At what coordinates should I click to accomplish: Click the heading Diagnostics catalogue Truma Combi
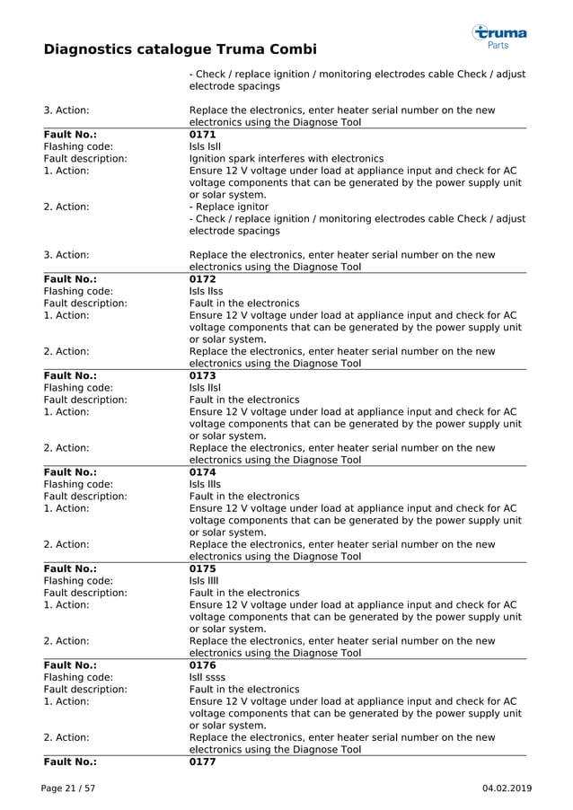click(x=180, y=49)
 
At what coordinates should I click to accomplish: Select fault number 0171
click(x=202, y=135)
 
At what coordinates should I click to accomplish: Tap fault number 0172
click(x=202, y=279)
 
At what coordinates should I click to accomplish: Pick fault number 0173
click(x=202, y=375)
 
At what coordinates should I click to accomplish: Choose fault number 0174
click(x=202, y=471)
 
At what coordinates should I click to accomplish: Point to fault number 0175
click(x=202, y=568)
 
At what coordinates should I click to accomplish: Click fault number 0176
click(x=202, y=665)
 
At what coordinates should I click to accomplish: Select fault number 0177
click(x=202, y=762)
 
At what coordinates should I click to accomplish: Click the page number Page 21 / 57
click(x=68, y=788)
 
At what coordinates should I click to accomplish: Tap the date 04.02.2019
click(x=507, y=788)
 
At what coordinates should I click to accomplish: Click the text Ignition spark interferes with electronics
click(x=286, y=159)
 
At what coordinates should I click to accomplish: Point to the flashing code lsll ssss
click(x=207, y=677)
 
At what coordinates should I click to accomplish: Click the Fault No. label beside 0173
click(x=70, y=375)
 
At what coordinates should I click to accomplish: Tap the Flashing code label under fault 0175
click(x=78, y=580)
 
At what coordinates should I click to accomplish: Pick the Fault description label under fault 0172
click(x=85, y=304)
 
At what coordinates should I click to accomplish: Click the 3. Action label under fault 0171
click(x=66, y=255)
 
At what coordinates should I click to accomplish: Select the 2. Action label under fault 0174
click(x=66, y=544)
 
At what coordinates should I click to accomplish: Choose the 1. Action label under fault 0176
click(x=66, y=701)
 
